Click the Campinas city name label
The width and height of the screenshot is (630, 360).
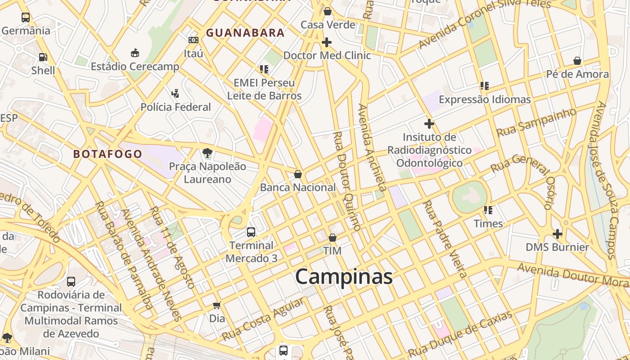(x=344, y=276)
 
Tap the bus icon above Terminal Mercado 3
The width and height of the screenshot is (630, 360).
(x=251, y=232)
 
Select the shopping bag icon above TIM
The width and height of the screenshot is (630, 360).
(x=333, y=238)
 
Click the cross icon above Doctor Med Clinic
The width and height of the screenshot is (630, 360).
(x=327, y=42)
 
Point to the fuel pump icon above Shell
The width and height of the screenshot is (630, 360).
(x=43, y=57)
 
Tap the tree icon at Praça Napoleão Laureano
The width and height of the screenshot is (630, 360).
(x=207, y=153)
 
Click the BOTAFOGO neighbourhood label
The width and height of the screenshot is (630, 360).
(x=108, y=154)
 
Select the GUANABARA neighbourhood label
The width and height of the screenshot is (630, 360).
(x=245, y=32)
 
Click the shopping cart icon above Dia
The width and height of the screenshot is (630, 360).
(x=217, y=306)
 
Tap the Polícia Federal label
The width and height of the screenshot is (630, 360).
(x=175, y=107)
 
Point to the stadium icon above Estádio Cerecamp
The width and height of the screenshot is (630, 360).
(x=135, y=53)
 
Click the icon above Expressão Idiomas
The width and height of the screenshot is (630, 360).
(x=485, y=85)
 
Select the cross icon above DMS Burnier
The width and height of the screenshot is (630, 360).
(x=558, y=234)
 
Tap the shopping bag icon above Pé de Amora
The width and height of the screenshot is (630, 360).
(x=577, y=61)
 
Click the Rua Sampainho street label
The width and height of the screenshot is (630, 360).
(x=535, y=122)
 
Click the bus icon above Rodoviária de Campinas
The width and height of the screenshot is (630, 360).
(x=71, y=282)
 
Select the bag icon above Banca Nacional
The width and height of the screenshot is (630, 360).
(x=297, y=174)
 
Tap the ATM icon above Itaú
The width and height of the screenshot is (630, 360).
(x=193, y=40)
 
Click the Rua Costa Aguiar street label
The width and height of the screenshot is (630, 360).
(x=262, y=319)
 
